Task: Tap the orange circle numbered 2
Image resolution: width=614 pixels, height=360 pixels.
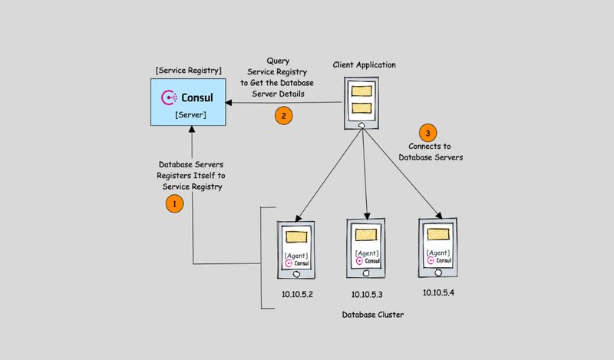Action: (x=284, y=117)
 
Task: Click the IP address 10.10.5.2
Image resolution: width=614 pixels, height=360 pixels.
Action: (x=298, y=293)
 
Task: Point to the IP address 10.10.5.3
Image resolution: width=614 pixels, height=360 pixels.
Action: (x=368, y=294)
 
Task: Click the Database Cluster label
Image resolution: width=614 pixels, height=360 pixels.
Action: (x=373, y=315)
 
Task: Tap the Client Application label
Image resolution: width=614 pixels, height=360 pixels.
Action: (x=365, y=64)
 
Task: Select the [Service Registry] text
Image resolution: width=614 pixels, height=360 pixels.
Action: (x=188, y=71)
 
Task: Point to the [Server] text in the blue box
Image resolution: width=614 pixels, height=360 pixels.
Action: (x=189, y=114)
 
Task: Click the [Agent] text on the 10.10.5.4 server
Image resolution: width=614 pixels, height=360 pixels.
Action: (x=437, y=252)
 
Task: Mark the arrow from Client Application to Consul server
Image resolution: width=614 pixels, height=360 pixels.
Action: (x=284, y=102)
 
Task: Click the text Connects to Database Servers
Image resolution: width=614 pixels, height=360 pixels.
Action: (x=431, y=151)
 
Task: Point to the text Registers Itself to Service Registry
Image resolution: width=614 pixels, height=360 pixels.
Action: (x=190, y=176)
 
